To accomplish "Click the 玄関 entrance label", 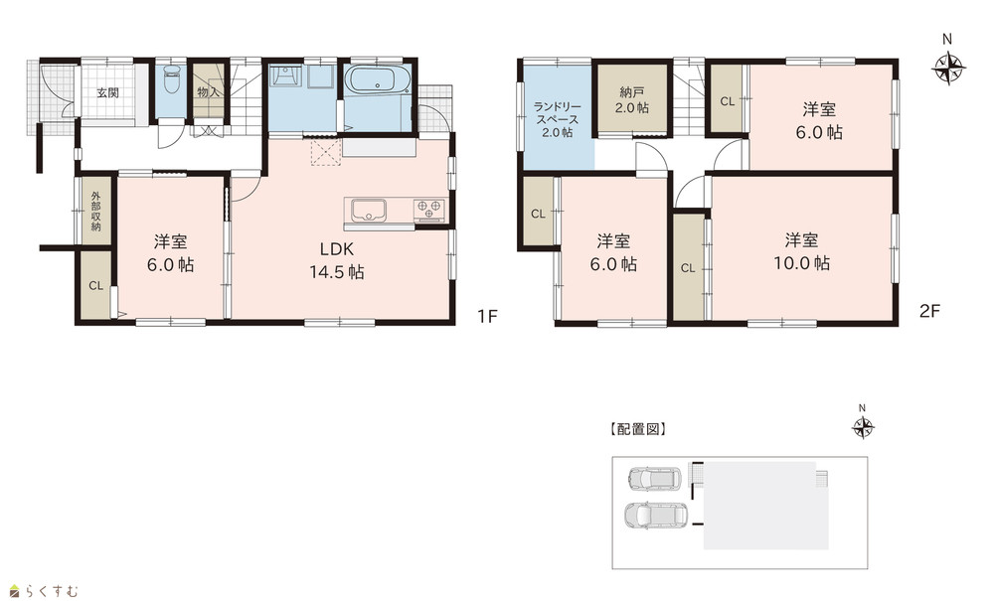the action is (107, 93).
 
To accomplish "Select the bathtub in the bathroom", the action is (377, 81).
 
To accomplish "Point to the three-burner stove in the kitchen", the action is (429, 209).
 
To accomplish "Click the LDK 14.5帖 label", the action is (336, 260).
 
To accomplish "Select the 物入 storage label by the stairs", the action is (208, 92).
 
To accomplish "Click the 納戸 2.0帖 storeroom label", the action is (631, 99).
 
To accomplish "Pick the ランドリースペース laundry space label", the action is (558, 119).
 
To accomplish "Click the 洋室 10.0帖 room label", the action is (801, 251).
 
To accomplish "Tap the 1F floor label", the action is (487, 315).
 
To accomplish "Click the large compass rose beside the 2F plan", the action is (948, 67).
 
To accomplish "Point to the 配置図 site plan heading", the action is (638, 429).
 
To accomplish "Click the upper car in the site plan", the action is (654, 479).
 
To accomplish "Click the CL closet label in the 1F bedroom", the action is (95, 286).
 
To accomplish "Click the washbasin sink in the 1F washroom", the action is (282, 75).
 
